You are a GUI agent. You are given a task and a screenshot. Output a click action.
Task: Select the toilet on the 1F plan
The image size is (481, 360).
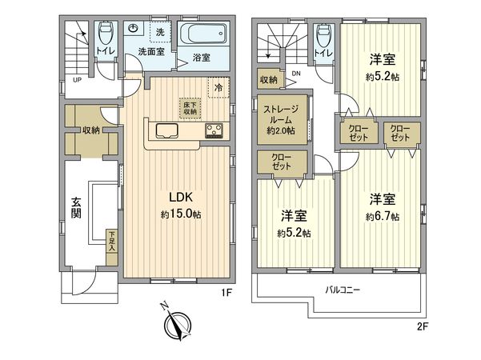pyautogui.click(x=105, y=36)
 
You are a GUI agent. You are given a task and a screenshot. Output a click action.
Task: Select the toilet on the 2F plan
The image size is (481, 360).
pyautogui.click(x=323, y=36)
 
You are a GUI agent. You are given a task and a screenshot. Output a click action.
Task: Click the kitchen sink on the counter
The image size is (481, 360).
pyautogui.click(x=169, y=131)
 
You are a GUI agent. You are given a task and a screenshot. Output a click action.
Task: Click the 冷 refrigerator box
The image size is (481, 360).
pyautogui.click(x=217, y=87)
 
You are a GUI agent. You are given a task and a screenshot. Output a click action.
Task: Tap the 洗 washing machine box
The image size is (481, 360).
pyautogui.click(x=160, y=33)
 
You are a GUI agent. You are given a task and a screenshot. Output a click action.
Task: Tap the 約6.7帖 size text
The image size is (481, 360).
pyautogui.click(x=382, y=216)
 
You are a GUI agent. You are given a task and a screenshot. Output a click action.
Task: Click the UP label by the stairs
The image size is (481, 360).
pyautogui.click(x=77, y=80)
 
